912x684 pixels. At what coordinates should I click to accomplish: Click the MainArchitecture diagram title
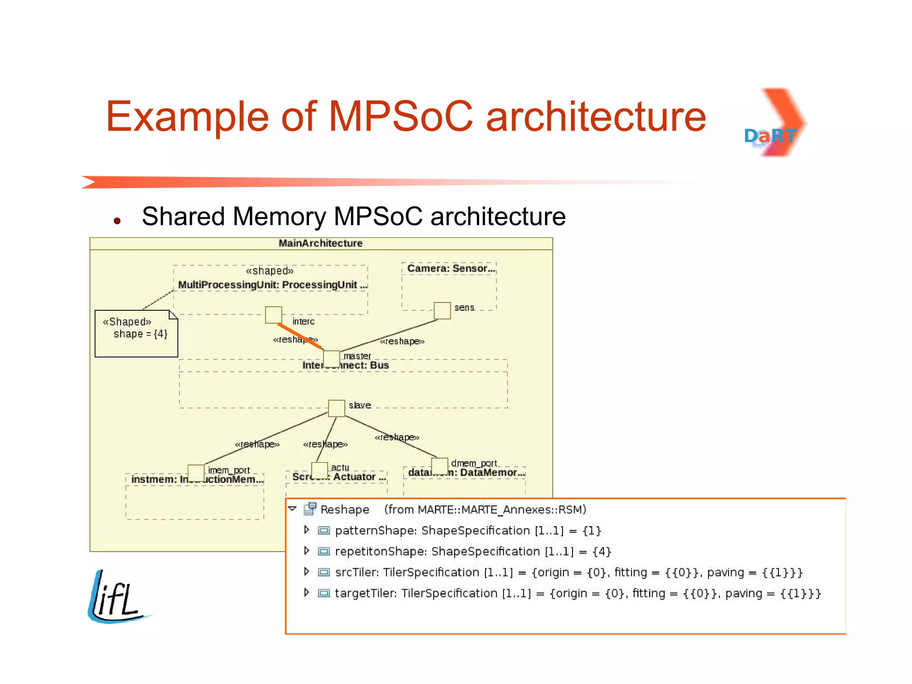click(x=321, y=243)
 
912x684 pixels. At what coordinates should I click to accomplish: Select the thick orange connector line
click(x=299, y=335)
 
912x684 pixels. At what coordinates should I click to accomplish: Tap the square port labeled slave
click(x=336, y=408)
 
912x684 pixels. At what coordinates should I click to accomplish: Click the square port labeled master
click(x=331, y=358)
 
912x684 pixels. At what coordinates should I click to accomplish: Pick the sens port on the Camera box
click(x=442, y=310)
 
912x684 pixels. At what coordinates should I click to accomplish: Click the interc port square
click(x=273, y=314)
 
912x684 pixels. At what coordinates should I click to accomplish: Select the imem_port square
click(x=196, y=473)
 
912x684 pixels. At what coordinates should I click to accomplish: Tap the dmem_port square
click(x=440, y=466)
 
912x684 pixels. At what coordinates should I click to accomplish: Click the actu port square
click(x=319, y=470)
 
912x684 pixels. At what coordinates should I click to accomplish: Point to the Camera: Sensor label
click(x=451, y=269)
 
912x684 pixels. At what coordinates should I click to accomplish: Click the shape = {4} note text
click(x=140, y=334)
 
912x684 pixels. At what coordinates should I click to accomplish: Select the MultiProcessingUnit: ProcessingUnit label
click(x=272, y=285)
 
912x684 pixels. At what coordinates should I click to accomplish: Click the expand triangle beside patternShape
click(x=306, y=529)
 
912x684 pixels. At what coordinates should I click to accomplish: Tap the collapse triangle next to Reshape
click(x=292, y=509)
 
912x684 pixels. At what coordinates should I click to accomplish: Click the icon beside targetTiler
click(x=324, y=593)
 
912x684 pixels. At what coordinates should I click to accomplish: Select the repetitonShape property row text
click(x=473, y=551)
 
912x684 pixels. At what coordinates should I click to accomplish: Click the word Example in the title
click(x=187, y=117)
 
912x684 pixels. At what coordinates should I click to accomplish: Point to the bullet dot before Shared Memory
click(x=117, y=220)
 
